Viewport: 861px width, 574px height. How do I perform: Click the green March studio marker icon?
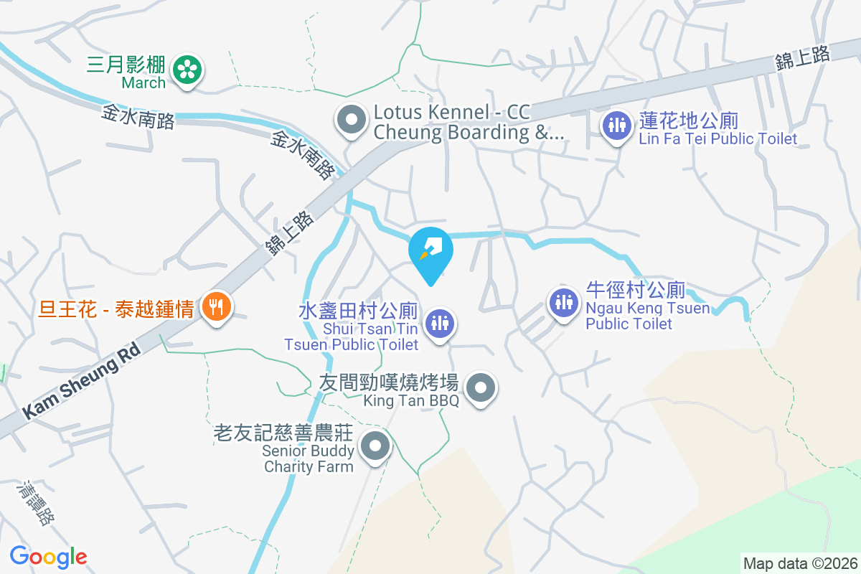tap(187, 70)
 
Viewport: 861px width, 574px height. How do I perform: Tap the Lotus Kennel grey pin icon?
tap(352, 121)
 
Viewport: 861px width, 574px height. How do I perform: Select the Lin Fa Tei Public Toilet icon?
tap(615, 125)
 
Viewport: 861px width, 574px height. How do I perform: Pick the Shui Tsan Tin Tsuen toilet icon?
tap(439, 322)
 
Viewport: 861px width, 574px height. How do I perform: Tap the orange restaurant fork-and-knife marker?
tap(215, 307)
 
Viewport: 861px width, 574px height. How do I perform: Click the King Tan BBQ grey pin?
tap(481, 389)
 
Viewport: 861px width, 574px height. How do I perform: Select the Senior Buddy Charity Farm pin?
tap(375, 448)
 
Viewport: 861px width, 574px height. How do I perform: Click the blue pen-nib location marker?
tap(430, 250)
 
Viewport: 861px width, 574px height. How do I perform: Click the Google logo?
tap(48, 556)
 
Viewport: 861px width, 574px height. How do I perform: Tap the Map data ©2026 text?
tap(800, 563)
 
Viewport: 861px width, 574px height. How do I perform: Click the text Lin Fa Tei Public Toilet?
tap(717, 138)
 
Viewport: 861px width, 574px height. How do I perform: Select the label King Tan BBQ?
tap(411, 401)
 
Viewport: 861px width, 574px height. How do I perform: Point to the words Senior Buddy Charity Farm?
tap(309, 458)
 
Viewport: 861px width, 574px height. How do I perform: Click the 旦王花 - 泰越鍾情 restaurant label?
tap(117, 309)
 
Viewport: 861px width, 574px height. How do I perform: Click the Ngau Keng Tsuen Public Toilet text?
tap(647, 316)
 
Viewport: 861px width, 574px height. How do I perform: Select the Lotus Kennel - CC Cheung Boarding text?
tap(469, 123)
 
